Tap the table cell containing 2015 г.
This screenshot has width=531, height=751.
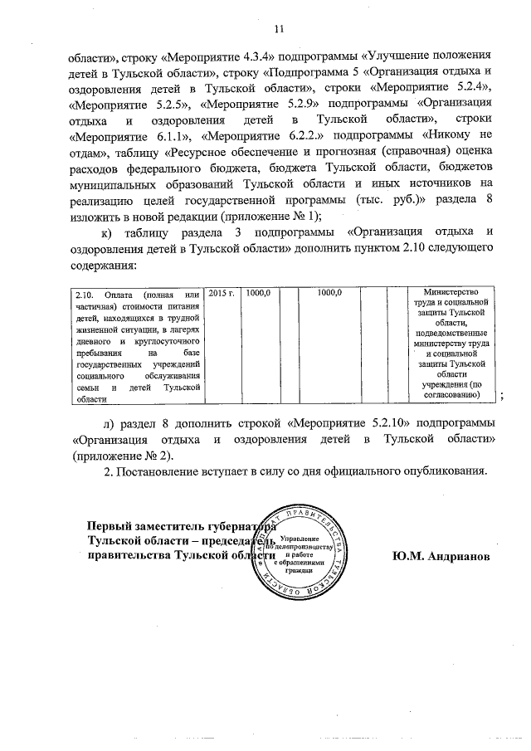click(x=222, y=294)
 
